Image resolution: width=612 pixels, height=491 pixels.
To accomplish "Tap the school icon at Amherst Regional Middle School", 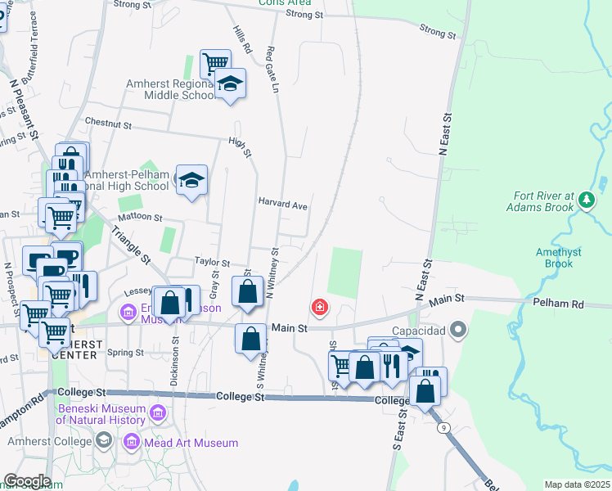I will pyautogui.click(x=231, y=84).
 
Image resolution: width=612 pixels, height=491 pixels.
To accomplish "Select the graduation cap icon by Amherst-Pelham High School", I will pyautogui.click(x=191, y=181).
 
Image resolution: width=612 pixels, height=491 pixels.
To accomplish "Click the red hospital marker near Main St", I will pyautogui.click(x=319, y=309).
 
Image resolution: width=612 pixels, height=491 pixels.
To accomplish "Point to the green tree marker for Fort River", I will pyautogui.click(x=586, y=200).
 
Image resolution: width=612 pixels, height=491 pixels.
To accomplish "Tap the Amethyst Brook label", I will pyautogui.click(x=559, y=258).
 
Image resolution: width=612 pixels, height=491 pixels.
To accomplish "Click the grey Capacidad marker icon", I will pyautogui.click(x=458, y=331).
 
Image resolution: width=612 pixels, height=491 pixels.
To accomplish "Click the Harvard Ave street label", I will pyautogui.click(x=282, y=205).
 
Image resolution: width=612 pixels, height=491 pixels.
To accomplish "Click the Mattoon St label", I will pyautogui.click(x=141, y=219).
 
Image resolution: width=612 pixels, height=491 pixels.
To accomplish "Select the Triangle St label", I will pyautogui.click(x=130, y=245).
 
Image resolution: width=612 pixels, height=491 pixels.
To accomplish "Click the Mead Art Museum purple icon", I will pyautogui.click(x=131, y=443).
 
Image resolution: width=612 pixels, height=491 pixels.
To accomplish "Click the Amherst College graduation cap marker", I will pyautogui.click(x=103, y=441).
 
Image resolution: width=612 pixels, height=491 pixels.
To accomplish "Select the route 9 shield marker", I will pyautogui.click(x=443, y=427).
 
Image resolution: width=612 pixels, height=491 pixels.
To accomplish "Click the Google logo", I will pyautogui.click(x=26, y=481).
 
